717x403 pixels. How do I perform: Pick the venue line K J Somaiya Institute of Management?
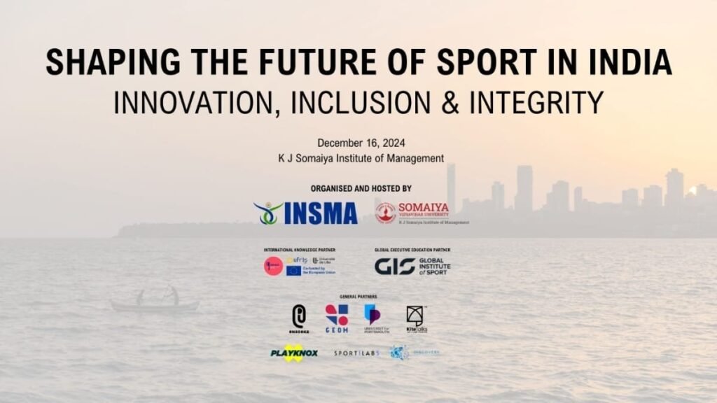pos(361,159)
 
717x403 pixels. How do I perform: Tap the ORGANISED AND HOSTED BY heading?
pos(361,189)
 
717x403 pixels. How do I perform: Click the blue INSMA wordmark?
pos(321,213)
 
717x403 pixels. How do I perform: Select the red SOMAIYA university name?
pos(424,208)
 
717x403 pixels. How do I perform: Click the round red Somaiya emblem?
pos(385,213)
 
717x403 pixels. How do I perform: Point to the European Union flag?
pos(293,271)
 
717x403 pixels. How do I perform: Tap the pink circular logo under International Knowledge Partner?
pos(273,266)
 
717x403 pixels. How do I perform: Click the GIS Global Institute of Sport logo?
pos(412,266)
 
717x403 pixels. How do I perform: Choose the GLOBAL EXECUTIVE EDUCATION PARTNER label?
pos(412,250)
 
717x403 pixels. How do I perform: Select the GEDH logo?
pos(337,318)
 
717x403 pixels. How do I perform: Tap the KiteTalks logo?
pos(417,319)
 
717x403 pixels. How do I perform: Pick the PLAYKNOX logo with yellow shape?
pos(294,353)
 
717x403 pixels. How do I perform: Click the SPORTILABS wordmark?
pos(356,353)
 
